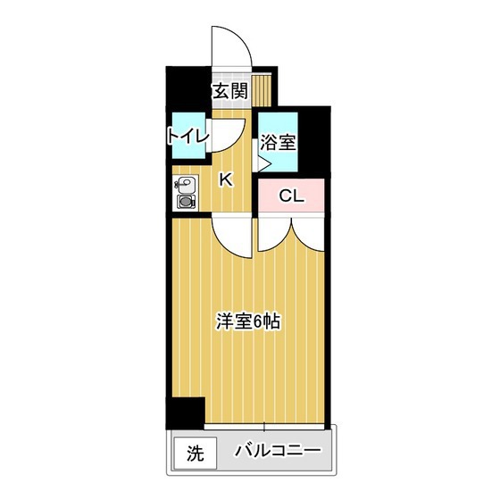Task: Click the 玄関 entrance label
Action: click(230, 91)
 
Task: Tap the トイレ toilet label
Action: click(188, 136)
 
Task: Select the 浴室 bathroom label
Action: click(278, 142)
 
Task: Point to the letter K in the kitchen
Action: click(226, 179)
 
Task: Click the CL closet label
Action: click(291, 196)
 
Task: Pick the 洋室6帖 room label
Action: click(248, 321)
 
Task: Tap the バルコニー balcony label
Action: click(278, 451)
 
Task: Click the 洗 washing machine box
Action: click(196, 453)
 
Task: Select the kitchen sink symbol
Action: click(185, 185)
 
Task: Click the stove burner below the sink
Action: click(186, 202)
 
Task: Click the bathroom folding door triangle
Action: click(264, 164)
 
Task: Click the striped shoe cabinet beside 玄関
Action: click(261, 90)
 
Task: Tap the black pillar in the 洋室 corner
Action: click(186, 412)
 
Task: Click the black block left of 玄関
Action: click(188, 88)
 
